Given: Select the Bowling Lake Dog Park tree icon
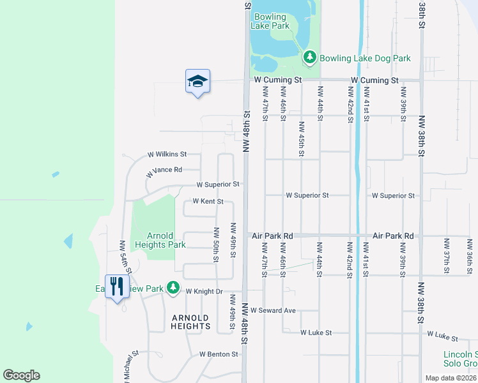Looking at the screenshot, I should click(310, 58).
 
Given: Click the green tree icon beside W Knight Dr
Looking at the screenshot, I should click(173, 289).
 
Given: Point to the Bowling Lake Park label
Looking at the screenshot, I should click(272, 21).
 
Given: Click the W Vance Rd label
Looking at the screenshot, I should click(164, 170).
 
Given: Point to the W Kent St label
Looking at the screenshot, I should click(208, 202).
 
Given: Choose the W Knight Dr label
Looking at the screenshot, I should click(204, 291).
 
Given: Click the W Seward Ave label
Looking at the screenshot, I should click(273, 310).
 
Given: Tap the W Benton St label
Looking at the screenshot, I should click(219, 354).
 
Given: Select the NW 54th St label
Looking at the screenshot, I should click(122, 255).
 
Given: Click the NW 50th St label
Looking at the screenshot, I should click(217, 244).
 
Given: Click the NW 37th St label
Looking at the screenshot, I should click(446, 253).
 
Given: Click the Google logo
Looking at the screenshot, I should click(21, 375).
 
